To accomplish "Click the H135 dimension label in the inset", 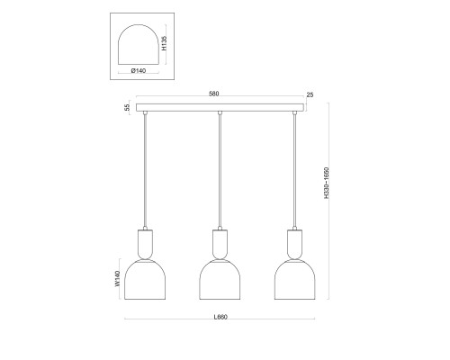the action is pos(164,43).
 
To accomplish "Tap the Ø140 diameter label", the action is pos(139,71).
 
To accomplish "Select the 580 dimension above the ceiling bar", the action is pos(213,94).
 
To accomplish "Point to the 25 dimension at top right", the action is pos(310,94).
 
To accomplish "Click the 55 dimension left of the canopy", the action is pos(127,107).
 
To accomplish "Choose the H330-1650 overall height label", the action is pos(327,183).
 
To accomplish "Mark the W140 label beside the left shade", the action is pos(117,279).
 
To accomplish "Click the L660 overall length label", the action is pos(220,317).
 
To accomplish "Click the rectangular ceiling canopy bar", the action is pos(220,107).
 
